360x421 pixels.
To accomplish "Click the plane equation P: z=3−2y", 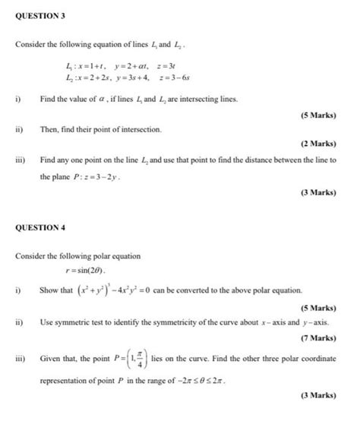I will (x=96, y=176).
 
